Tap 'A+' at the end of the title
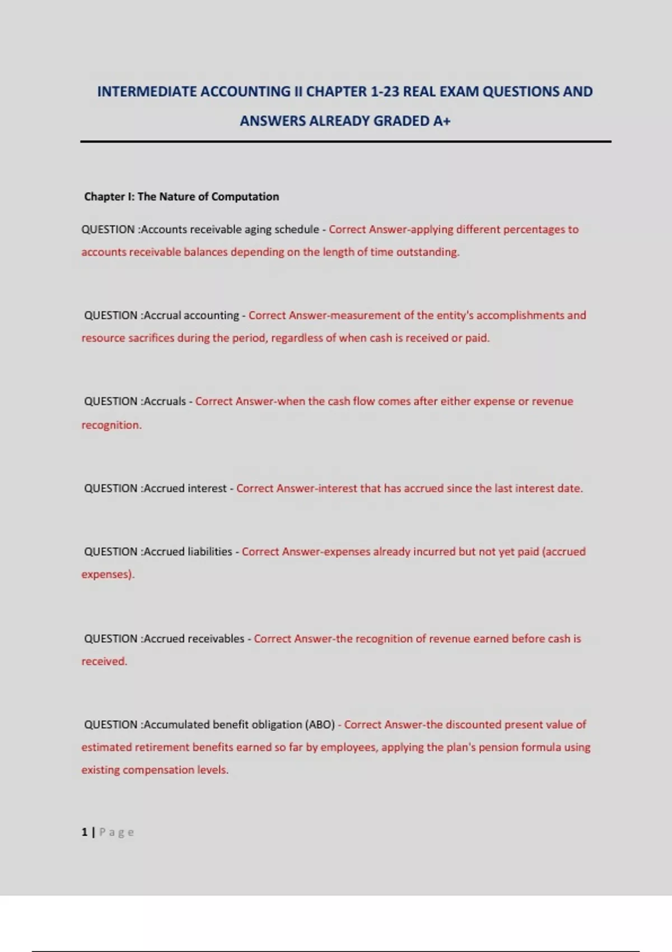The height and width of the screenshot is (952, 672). [x=442, y=121]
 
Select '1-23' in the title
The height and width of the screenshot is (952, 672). [x=385, y=92]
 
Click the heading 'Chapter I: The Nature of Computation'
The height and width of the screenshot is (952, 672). [x=181, y=197]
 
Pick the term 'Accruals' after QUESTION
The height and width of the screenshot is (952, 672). [x=165, y=402]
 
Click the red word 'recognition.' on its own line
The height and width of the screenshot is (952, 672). [x=111, y=425]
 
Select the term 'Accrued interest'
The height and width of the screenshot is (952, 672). [x=185, y=488]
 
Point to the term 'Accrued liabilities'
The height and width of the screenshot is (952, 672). [x=188, y=552]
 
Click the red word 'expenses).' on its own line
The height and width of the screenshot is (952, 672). [x=108, y=575]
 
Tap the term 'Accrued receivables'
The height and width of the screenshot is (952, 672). [x=194, y=639]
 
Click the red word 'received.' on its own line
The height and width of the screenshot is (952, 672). [x=104, y=661]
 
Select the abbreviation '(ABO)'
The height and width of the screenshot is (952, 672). [x=320, y=725]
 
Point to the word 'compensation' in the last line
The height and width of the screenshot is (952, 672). [x=158, y=770]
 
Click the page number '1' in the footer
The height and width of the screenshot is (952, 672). [x=85, y=832]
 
